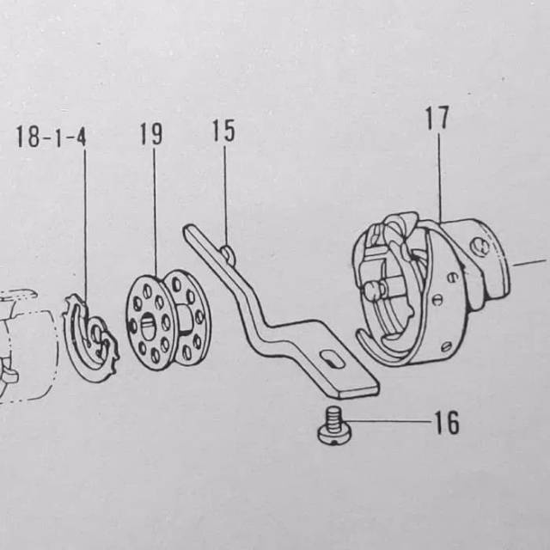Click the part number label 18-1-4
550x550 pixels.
52,137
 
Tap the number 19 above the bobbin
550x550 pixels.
151,134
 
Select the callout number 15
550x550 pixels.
223,131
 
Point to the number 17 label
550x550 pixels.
437,118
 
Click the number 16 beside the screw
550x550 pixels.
447,422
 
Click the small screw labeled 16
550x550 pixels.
333,425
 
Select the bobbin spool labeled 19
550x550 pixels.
168,319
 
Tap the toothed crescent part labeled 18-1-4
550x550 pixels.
90,338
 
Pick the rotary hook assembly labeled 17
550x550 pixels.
431,288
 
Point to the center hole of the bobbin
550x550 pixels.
147,325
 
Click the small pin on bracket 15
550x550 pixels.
229,253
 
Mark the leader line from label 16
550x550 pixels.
388,421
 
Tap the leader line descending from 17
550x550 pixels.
439,175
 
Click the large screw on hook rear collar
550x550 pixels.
480,247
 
